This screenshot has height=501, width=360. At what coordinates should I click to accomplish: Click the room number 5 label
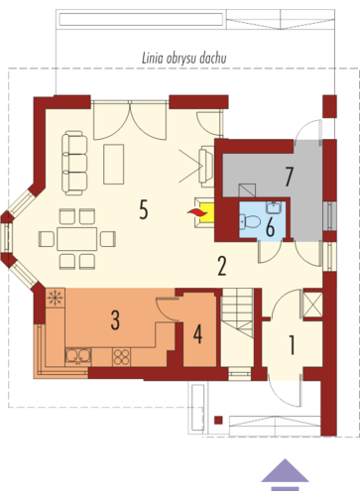(x=143, y=210)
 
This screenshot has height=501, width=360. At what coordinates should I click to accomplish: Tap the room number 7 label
(x=289, y=177)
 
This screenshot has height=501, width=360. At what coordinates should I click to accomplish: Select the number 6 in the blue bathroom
(x=270, y=228)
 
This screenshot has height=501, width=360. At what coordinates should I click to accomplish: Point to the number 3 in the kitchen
(x=115, y=320)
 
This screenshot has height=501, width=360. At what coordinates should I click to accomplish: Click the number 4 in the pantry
(x=197, y=334)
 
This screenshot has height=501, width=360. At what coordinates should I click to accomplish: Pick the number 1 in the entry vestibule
(x=292, y=345)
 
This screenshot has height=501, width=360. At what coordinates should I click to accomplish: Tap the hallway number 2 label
(x=222, y=267)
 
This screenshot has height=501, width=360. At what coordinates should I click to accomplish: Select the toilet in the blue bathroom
(x=250, y=221)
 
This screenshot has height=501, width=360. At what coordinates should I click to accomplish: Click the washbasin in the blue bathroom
(x=274, y=207)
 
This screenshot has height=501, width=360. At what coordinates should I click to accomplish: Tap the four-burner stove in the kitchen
(x=122, y=357)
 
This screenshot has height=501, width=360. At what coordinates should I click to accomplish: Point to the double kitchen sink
(x=78, y=356)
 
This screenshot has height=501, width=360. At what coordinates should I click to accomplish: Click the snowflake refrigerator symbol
(x=55, y=299)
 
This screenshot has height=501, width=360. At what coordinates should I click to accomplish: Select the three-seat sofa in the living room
(x=74, y=163)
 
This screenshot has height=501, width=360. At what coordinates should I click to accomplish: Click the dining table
(x=77, y=239)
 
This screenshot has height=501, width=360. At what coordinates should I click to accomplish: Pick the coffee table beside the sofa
(x=114, y=164)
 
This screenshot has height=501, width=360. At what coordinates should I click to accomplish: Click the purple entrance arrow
(x=285, y=470)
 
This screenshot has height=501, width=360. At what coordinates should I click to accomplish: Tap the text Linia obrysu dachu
(x=184, y=59)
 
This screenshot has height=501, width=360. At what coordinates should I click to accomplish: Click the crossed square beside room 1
(x=312, y=304)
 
